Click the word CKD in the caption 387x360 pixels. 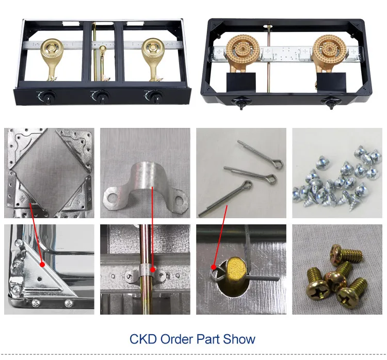[x=143, y=339]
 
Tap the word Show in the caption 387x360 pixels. [x=239, y=339]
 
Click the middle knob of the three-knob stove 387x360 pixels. [x=101, y=96]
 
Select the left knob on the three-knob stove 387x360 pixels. [x=47, y=96]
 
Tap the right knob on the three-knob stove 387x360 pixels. [x=155, y=96]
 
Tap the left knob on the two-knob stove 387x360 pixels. [x=241, y=103]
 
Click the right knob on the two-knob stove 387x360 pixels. [x=330, y=103]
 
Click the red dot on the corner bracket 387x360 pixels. [x=42, y=265]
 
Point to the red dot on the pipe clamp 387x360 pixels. [x=153, y=270]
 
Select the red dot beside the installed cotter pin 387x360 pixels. [x=214, y=267]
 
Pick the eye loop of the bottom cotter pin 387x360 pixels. [x=247, y=184]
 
